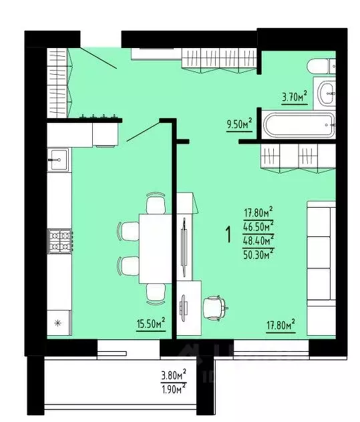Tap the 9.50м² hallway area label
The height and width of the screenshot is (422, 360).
pos(239,124)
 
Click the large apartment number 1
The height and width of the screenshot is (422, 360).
pos(229,234)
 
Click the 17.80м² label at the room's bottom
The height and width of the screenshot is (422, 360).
pos(281,326)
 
